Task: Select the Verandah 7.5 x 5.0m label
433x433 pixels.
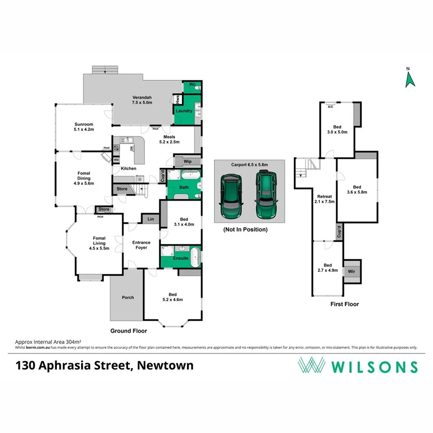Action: coord(142,100)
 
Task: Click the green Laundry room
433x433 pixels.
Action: coord(184,111)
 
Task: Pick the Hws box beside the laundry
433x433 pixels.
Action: coord(178,100)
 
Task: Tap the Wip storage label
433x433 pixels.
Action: coord(188,162)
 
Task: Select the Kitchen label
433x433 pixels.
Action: coord(128,168)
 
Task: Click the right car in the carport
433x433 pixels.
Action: coord(266,195)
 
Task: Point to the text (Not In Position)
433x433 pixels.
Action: coord(245,229)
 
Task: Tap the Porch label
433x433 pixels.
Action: coord(127,297)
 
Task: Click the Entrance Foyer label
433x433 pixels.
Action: coord(141,245)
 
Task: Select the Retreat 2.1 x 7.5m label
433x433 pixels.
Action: coord(326,199)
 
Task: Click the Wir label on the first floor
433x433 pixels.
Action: coord(352,272)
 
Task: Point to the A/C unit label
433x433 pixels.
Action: coord(331,106)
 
